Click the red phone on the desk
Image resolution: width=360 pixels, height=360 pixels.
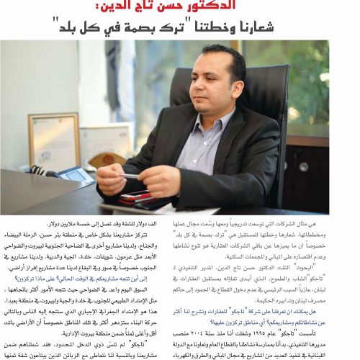point(135,197)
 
